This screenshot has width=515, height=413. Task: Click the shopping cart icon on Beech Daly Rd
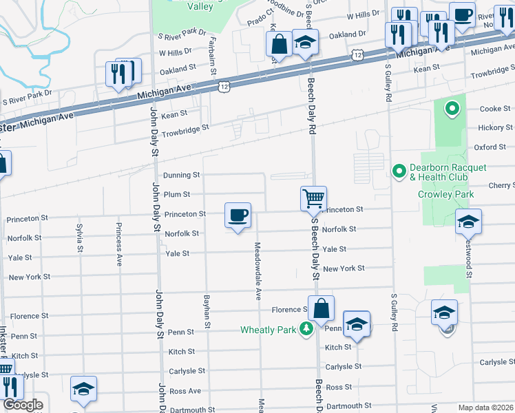(313, 198)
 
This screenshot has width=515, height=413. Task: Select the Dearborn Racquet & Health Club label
(439, 173)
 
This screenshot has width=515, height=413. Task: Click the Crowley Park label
(445, 195)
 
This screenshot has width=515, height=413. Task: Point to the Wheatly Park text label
(268, 330)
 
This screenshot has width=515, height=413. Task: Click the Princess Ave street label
(119, 245)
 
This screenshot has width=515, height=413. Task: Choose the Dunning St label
(181, 176)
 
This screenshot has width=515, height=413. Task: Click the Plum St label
(176, 195)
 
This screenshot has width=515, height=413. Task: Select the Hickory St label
(496, 128)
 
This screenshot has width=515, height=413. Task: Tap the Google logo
(23, 405)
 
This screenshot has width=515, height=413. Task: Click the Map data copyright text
(486, 407)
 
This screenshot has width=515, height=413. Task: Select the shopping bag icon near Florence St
(321, 308)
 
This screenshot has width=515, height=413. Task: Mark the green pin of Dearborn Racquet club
(398, 170)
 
